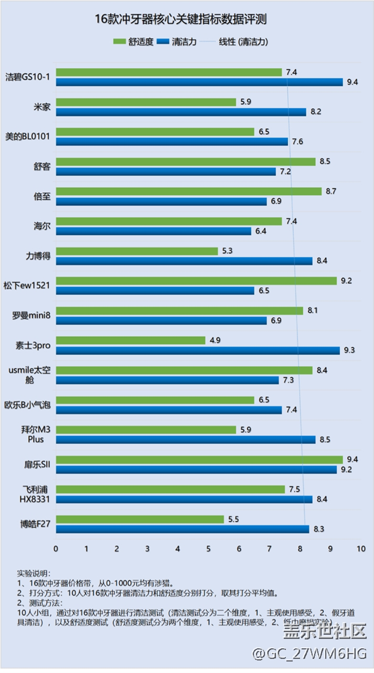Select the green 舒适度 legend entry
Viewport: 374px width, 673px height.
tap(133, 41)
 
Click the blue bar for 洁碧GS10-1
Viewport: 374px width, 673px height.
tap(199, 82)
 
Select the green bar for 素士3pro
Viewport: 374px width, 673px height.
tap(131, 340)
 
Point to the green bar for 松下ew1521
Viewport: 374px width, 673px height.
tap(196, 281)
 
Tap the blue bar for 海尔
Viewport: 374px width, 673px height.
tap(154, 231)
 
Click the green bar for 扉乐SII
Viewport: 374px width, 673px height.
tap(199, 459)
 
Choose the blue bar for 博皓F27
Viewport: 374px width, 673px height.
tap(182, 529)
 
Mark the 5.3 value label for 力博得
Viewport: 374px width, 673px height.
tap(227, 251)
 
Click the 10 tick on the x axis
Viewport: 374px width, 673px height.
tap(361, 549)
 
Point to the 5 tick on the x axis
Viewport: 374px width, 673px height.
tap(208, 549)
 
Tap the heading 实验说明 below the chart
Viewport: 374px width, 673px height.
tap(33, 573)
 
